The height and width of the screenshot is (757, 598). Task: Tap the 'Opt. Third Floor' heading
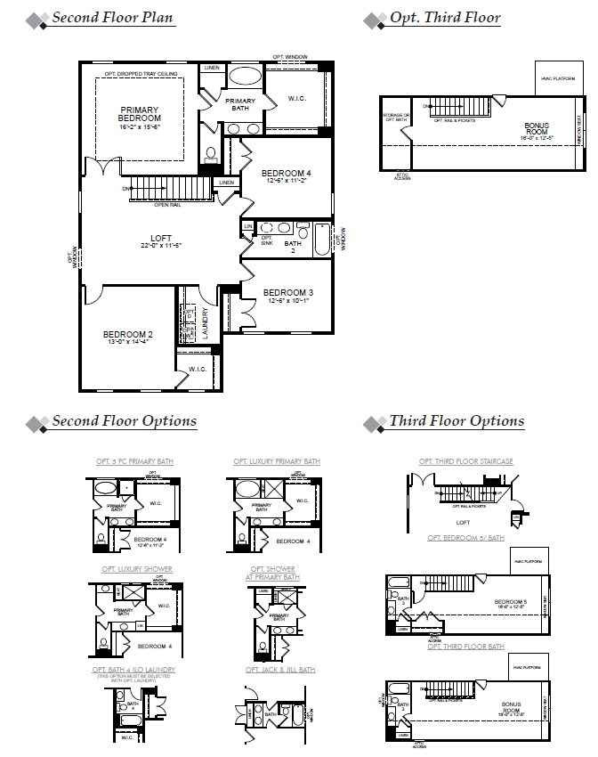445,18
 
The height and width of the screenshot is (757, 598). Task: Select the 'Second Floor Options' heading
124,421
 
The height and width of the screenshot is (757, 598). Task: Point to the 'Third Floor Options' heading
457,421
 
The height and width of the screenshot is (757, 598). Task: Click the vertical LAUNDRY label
206,322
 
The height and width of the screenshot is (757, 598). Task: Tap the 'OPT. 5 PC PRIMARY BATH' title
134,461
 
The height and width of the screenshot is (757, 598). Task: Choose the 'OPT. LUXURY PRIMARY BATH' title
277,461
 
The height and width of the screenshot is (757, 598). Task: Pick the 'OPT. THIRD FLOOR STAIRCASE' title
465,461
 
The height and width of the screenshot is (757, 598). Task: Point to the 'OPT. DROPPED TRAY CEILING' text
141,73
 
